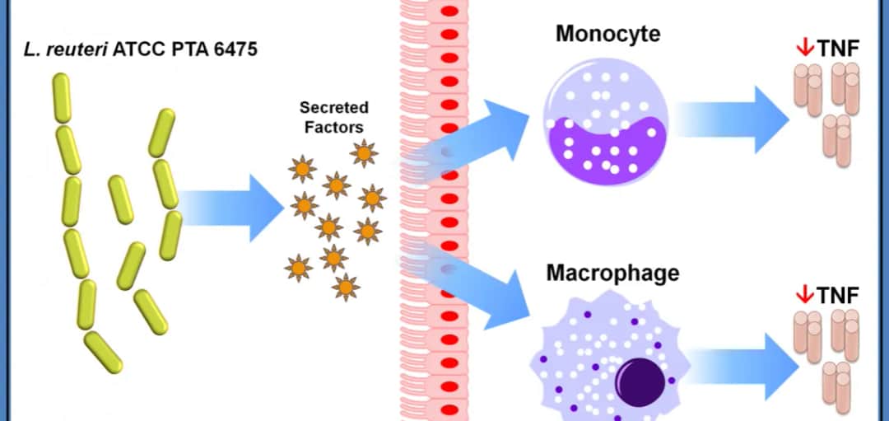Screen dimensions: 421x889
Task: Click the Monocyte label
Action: point(607,34)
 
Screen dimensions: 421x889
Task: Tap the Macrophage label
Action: point(612,273)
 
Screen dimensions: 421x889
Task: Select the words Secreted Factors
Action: point(333,117)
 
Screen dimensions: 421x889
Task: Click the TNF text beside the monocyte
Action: point(838,49)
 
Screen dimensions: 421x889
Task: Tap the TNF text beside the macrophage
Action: point(838,295)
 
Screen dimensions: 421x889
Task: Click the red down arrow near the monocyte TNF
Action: point(804,49)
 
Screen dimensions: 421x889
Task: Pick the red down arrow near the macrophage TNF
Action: point(804,294)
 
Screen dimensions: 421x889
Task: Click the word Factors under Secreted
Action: point(333,127)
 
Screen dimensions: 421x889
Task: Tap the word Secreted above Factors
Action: point(333,108)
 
